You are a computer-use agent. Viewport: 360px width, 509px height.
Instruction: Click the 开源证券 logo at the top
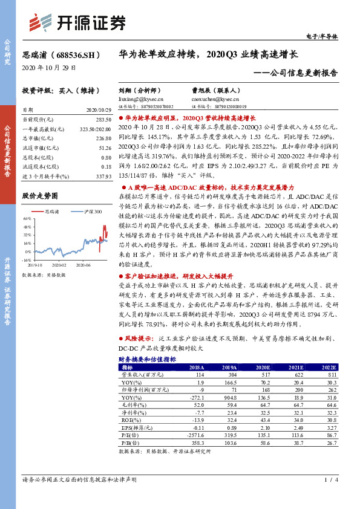coord(78,22)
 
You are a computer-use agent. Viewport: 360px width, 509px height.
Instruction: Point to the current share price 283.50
coord(103,120)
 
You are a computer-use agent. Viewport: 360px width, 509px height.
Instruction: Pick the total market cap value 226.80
coord(103,138)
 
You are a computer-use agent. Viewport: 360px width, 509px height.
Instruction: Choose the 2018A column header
coord(197,367)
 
